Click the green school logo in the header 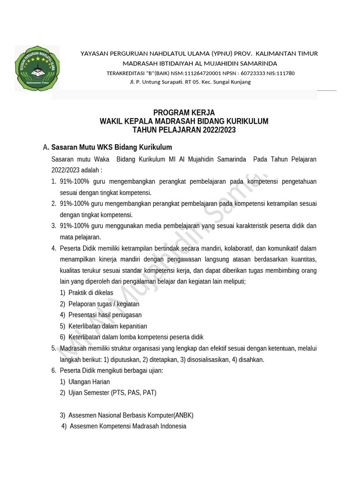click(x=37, y=67)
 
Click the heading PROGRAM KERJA click(x=184, y=113)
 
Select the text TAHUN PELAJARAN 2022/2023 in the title click(x=184, y=130)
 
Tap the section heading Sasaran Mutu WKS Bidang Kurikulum click(x=112, y=147)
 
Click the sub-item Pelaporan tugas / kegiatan click(x=104, y=304)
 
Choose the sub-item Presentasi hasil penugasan click(x=105, y=315)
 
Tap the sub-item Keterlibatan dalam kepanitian click(x=107, y=326)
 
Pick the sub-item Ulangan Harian click(x=89, y=382)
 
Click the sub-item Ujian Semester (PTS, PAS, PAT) click(x=112, y=393)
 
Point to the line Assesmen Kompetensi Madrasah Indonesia click(x=127, y=427)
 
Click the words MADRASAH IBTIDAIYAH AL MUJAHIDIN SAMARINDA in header click(x=200, y=63)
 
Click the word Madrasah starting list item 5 click(x=73, y=348)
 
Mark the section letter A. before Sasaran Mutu click(x=46, y=147)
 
